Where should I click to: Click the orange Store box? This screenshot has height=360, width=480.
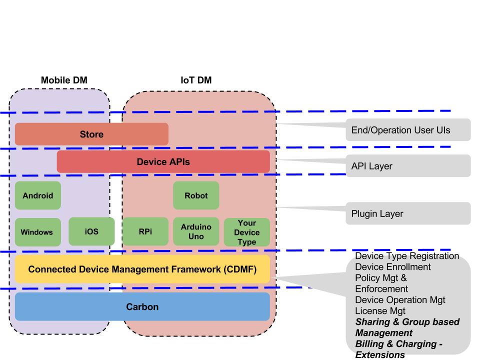tap(91, 134)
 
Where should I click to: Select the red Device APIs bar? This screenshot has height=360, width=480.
tap(163, 161)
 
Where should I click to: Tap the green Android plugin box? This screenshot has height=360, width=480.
tap(38, 195)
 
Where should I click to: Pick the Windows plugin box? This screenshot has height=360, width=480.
tap(38, 232)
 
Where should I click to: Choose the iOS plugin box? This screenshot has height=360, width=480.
tap(91, 231)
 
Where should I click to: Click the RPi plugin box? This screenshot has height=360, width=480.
tap(145, 231)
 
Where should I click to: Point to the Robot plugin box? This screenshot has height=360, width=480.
tap(196, 195)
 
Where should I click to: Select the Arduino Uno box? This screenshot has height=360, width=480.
tap(196, 231)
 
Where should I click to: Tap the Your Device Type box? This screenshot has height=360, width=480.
tap(247, 232)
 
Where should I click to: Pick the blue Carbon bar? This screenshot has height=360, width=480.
tap(142, 306)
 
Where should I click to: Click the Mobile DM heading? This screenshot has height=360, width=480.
tap(60, 80)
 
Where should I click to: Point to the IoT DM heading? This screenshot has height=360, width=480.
tap(196, 80)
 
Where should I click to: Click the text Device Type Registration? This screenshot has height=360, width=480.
tap(407, 256)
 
